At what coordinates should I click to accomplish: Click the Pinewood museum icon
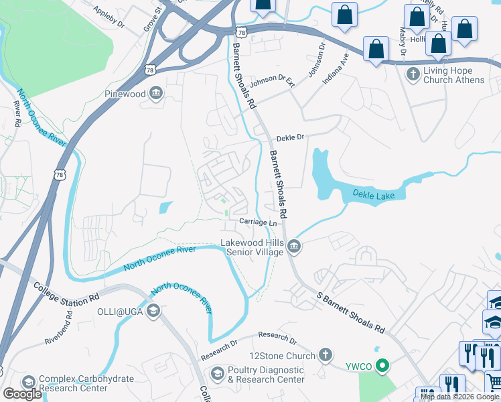click(x=156, y=93)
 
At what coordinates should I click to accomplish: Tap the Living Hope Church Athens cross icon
click(x=413, y=72)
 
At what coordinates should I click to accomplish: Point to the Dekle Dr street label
click(x=291, y=137)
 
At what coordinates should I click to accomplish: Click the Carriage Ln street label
click(x=259, y=222)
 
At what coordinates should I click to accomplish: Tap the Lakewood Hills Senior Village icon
click(x=294, y=248)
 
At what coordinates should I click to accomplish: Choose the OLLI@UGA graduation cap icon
click(x=153, y=310)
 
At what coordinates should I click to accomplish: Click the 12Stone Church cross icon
click(x=325, y=355)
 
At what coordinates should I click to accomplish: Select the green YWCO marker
click(x=382, y=366)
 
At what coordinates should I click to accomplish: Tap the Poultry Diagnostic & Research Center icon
click(x=218, y=373)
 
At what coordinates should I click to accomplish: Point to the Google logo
click(x=22, y=394)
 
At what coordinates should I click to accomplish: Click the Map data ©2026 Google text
click(x=459, y=397)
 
